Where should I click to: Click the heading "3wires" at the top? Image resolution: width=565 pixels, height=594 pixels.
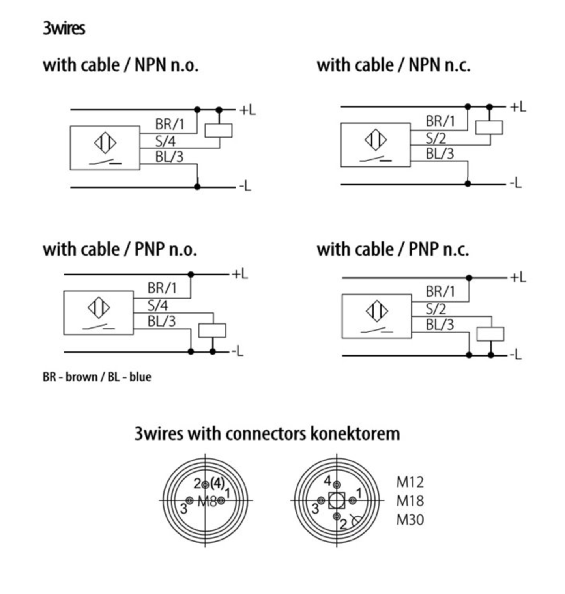click(64, 28)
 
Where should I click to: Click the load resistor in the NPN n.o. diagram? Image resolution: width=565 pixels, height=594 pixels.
click(218, 131)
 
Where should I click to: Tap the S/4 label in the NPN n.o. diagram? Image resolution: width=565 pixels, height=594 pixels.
click(165, 141)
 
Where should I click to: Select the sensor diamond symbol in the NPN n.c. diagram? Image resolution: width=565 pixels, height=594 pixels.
click(376, 140)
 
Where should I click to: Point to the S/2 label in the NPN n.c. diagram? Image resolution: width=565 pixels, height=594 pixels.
click(436, 138)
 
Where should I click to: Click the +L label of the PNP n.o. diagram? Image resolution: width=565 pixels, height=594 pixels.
click(239, 274)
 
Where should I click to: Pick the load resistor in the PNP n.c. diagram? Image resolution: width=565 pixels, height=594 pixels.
click(490, 334)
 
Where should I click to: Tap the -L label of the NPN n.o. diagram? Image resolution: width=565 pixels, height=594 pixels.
click(245, 186)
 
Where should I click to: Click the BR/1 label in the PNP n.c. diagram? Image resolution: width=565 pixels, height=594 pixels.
click(440, 291)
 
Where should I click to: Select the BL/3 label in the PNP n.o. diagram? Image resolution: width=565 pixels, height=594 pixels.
click(161, 321)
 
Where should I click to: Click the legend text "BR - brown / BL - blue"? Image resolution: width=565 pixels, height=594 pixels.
click(97, 377)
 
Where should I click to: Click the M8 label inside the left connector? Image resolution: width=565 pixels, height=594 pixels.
click(207, 501)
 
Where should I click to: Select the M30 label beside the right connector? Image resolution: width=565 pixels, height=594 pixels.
click(410, 519)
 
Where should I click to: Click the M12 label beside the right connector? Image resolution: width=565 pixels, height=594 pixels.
click(410, 482)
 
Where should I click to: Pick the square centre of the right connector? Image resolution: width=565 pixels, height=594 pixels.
click(337, 501)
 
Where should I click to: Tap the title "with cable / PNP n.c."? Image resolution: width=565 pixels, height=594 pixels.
click(393, 249)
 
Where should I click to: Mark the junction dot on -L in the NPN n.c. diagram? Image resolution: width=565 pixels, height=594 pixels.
click(468, 183)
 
